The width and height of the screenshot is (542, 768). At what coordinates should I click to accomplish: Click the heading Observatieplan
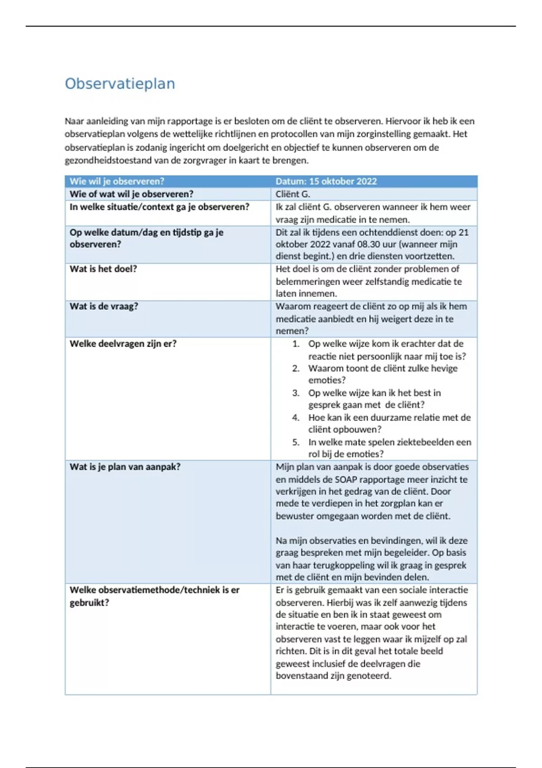pyautogui.click(x=120, y=84)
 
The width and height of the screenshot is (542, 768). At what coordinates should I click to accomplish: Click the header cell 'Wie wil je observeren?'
pyautogui.click(x=117, y=181)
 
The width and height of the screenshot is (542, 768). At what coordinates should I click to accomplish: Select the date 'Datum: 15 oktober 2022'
pyautogui.click(x=326, y=181)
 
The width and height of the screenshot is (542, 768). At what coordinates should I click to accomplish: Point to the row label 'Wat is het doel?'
pyautogui.click(x=103, y=269)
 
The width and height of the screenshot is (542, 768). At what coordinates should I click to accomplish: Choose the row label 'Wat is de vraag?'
pyautogui.click(x=104, y=306)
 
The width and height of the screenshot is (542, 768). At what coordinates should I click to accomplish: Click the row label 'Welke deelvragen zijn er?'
pyautogui.click(x=123, y=343)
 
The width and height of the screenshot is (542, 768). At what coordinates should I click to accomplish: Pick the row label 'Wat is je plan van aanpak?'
pyautogui.click(x=125, y=467)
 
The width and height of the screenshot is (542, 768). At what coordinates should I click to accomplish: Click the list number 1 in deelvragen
pyautogui.click(x=296, y=344)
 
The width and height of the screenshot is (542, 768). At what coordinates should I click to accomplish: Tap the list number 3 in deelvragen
pyautogui.click(x=296, y=393)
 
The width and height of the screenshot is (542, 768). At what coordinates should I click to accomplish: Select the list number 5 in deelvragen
pyautogui.click(x=296, y=442)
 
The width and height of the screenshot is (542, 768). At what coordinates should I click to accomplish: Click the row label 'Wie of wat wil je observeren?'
pyautogui.click(x=131, y=194)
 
